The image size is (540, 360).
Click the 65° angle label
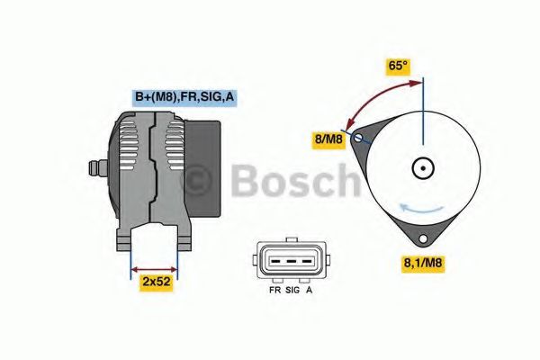point(398,66)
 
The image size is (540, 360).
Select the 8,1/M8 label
point(421,263)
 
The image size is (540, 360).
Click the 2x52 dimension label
point(156,282)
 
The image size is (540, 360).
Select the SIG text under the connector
point(292,292)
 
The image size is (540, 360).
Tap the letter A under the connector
point(310,292)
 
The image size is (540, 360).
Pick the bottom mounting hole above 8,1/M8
point(421,239)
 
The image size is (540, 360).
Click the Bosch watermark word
point(292,182)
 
